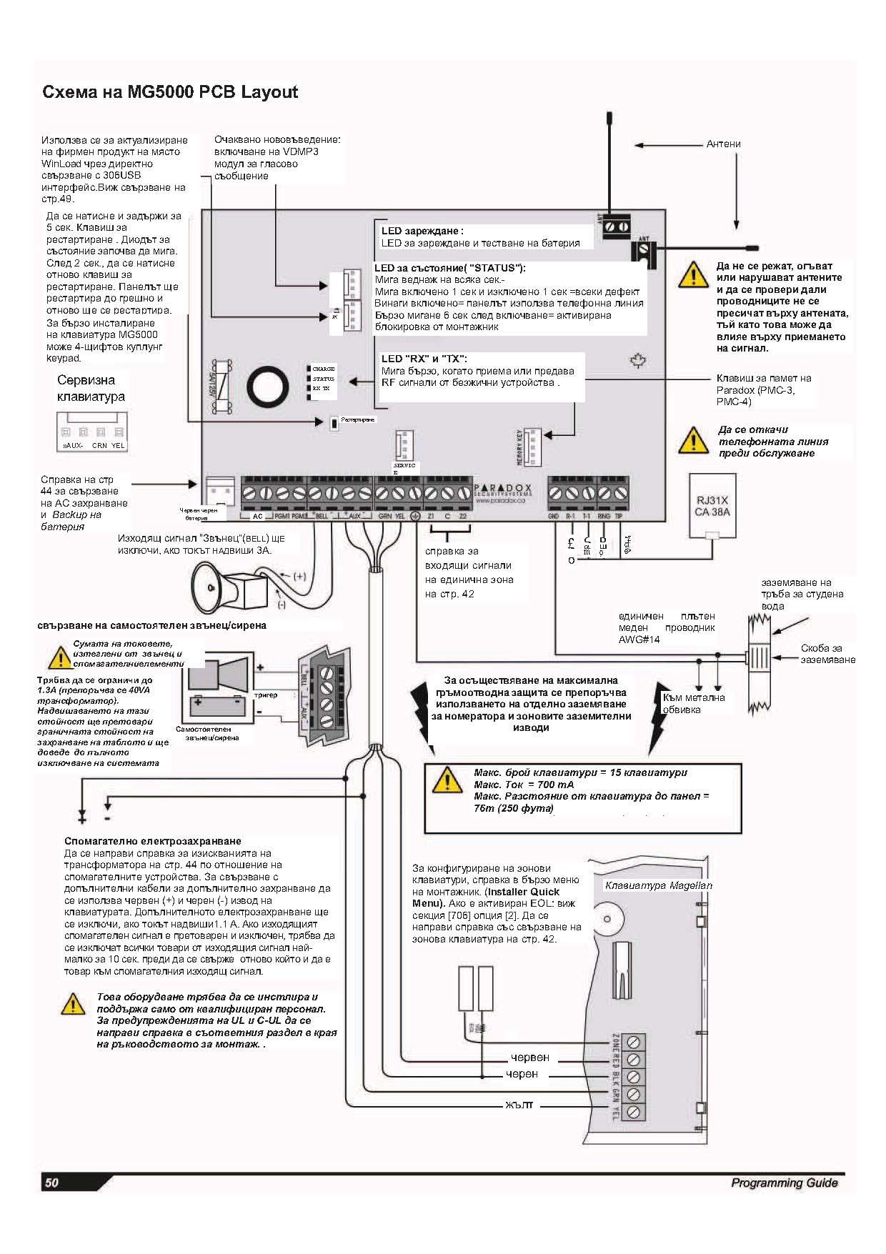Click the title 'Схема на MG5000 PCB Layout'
click(x=170, y=92)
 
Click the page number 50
click(x=51, y=1183)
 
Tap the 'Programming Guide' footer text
click(x=784, y=1183)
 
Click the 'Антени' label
click(x=723, y=144)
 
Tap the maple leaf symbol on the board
click(x=637, y=362)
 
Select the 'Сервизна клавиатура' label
click(x=91, y=388)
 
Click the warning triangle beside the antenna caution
click(x=692, y=274)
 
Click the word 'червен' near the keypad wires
click(x=529, y=1057)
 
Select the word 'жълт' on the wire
click(x=519, y=1106)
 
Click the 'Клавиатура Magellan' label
click(x=658, y=885)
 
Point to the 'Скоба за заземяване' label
click(x=827, y=654)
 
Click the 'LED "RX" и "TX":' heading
click(x=424, y=359)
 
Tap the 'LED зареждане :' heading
click(x=422, y=231)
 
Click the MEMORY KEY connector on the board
click(x=533, y=437)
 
